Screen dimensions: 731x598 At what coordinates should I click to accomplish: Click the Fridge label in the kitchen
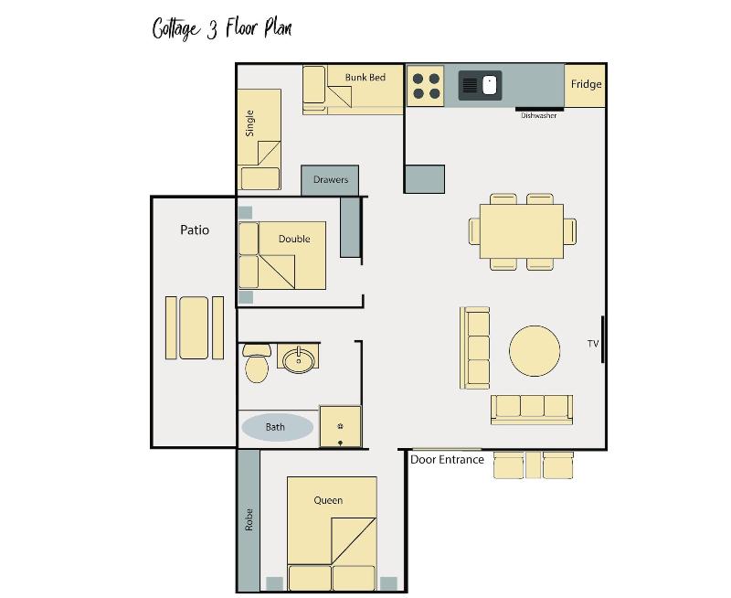click(586, 84)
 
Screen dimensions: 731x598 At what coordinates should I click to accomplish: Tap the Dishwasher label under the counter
click(538, 115)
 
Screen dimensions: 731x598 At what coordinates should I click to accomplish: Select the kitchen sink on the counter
click(480, 85)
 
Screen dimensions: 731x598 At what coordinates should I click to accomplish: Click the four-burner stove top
click(426, 86)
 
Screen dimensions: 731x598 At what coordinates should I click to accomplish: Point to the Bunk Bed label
click(365, 78)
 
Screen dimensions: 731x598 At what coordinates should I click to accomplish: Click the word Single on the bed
click(249, 123)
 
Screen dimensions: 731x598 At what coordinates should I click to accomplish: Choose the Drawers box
click(330, 180)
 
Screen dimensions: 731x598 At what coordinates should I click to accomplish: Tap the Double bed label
click(294, 239)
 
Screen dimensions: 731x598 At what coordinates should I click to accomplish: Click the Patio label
click(195, 230)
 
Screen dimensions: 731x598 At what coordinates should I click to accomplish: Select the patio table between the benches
click(194, 328)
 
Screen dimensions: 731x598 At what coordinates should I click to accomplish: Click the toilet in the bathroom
click(257, 363)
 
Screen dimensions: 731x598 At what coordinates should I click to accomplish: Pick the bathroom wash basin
click(299, 359)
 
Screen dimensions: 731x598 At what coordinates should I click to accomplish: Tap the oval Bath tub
click(277, 427)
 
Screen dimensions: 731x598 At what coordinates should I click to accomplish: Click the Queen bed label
click(328, 500)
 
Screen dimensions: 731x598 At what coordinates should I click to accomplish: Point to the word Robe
click(249, 519)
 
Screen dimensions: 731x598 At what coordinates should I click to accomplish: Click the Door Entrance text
click(447, 460)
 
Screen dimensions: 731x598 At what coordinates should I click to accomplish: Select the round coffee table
click(535, 351)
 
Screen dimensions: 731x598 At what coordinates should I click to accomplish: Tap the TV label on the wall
click(592, 344)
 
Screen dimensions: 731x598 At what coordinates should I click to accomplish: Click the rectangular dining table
click(522, 231)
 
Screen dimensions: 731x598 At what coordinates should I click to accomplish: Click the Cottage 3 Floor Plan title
click(222, 28)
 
